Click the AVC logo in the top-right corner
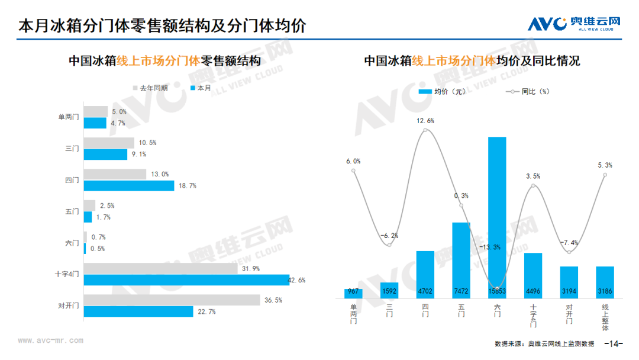[x=574, y=24]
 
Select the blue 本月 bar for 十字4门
[x=186, y=280]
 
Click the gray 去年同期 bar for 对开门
[x=172, y=300]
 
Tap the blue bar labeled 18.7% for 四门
[x=129, y=186]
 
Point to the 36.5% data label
[x=273, y=300]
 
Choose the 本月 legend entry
[x=201, y=88]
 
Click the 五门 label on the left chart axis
[x=72, y=211]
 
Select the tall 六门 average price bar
[x=497, y=218]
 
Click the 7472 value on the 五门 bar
[x=461, y=291]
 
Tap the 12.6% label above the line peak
[x=425, y=121]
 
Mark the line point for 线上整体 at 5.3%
[x=605, y=175]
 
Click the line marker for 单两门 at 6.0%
[x=353, y=171]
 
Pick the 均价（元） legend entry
[x=442, y=92]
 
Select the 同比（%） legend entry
[x=528, y=92]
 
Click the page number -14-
[x=614, y=343]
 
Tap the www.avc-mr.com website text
[x=50, y=340]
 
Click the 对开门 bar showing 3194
[x=569, y=282]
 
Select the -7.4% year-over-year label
[x=569, y=243]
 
